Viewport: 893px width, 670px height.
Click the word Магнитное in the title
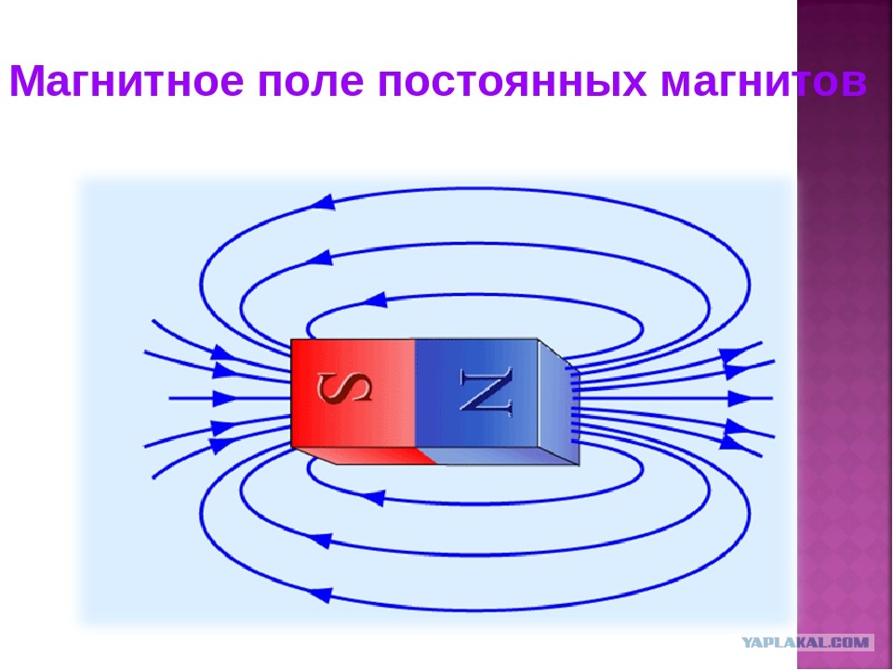point(127,82)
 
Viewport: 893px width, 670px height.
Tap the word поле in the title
point(311,81)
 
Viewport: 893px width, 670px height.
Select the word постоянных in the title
point(512,81)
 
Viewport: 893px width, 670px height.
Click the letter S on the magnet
point(344,387)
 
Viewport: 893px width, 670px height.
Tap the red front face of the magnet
point(353,393)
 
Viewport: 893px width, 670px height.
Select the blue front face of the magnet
point(476,393)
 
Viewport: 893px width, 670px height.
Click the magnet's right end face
point(559,402)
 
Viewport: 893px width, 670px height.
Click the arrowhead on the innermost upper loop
point(375,300)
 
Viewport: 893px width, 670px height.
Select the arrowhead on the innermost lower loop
point(374,498)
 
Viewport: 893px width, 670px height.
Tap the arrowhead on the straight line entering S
point(225,397)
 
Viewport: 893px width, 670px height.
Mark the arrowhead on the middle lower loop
point(319,539)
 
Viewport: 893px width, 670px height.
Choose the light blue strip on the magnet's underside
point(496,455)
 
